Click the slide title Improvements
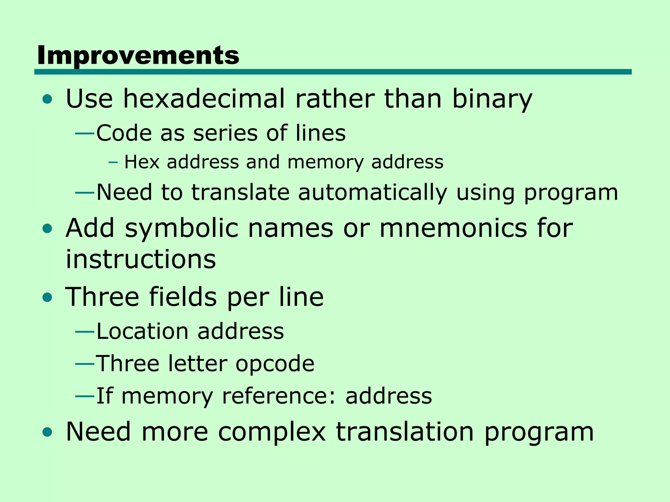(138, 56)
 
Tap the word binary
(492, 99)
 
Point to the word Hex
(142, 162)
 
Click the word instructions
(141, 259)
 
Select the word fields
(183, 297)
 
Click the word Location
(143, 332)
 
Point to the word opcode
(275, 364)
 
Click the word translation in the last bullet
(405, 432)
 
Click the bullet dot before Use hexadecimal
(47, 99)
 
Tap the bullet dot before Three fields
(47, 298)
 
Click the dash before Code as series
(85, 133)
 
